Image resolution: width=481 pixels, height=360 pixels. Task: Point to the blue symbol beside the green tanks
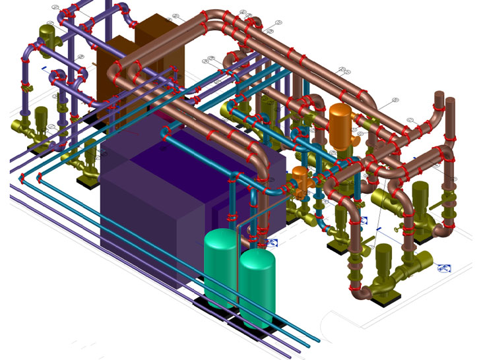273,243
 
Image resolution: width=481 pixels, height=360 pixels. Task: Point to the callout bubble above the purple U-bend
57,9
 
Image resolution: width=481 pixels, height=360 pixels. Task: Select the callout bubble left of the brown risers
396,100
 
